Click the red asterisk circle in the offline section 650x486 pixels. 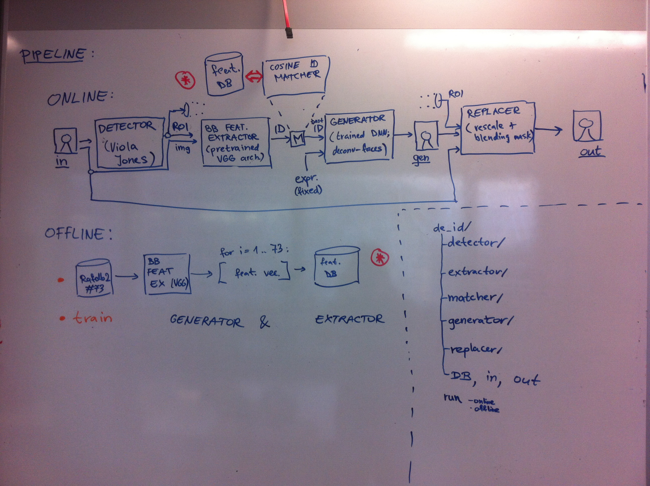(380, 258)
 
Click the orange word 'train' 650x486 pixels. (93, 318)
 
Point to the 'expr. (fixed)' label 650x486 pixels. (308, 185)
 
